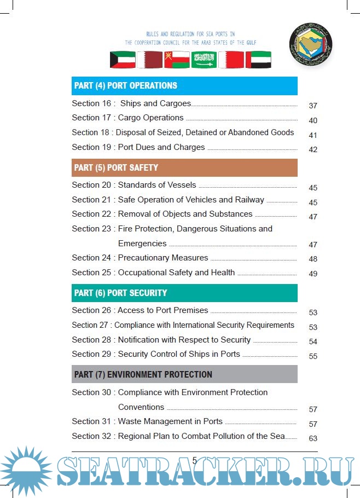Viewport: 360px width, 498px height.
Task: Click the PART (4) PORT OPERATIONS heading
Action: pos(126,86)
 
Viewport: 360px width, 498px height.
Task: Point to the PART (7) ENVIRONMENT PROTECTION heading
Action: pos(143,374)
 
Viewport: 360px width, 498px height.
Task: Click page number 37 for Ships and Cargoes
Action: pos(313,106)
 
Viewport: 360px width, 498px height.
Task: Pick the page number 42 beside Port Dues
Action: pos(313,149)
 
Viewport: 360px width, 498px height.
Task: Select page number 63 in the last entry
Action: pos(313,438)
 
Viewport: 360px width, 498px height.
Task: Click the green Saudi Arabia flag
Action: pos(204,60)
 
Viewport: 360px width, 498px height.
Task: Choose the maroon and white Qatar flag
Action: pos(149,60)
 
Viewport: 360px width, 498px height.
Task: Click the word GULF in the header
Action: pos(251,43)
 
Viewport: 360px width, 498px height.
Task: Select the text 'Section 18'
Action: pos(91,132)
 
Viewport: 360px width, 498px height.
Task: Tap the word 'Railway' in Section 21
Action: pos(249,200)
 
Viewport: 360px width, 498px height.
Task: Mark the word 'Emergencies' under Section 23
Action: pos(142,243)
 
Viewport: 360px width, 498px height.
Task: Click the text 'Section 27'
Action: pos(91,325)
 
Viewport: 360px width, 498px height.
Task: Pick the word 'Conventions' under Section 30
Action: pos(141,407)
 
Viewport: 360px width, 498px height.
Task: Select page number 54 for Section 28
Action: pos(313,341)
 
